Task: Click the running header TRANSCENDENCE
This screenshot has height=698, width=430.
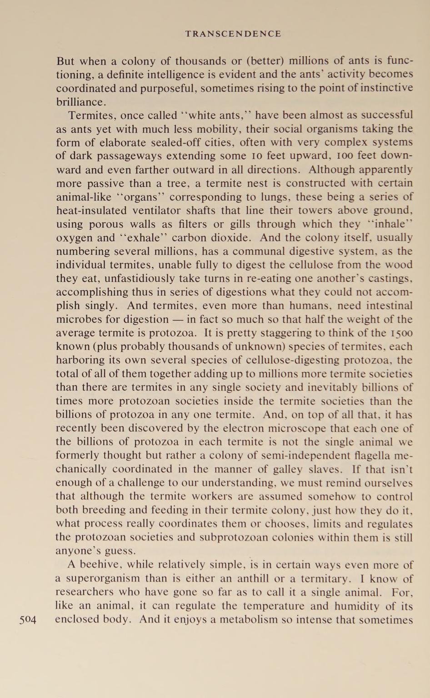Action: pyautogui.click(x=233, y=34)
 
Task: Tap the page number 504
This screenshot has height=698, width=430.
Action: pyautogui.click(x=28, y=619)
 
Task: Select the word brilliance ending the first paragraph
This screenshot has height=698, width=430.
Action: pyautogui.click(x=80, y=101)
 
